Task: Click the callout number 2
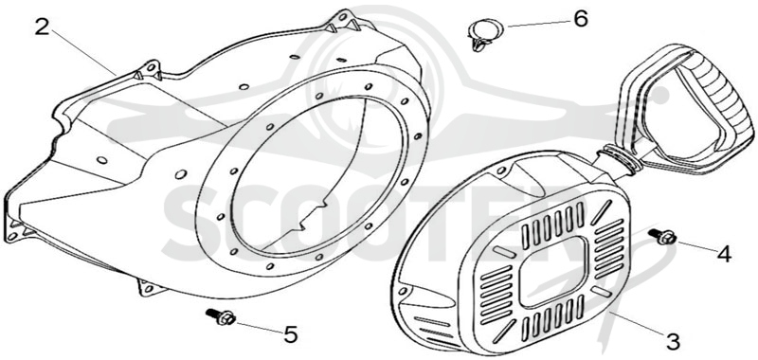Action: pos(42,27)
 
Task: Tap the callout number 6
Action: pos(580,18)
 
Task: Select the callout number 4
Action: pos(723,254)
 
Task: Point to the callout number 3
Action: pos(673,341)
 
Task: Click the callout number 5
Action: pos(290,334)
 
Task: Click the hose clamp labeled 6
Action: pos(484,34)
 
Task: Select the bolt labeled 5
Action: pos(221,316)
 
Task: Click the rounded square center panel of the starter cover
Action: pos(552,271)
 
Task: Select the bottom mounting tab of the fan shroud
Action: pos(150,288)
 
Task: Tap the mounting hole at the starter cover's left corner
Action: pos(402,291)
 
